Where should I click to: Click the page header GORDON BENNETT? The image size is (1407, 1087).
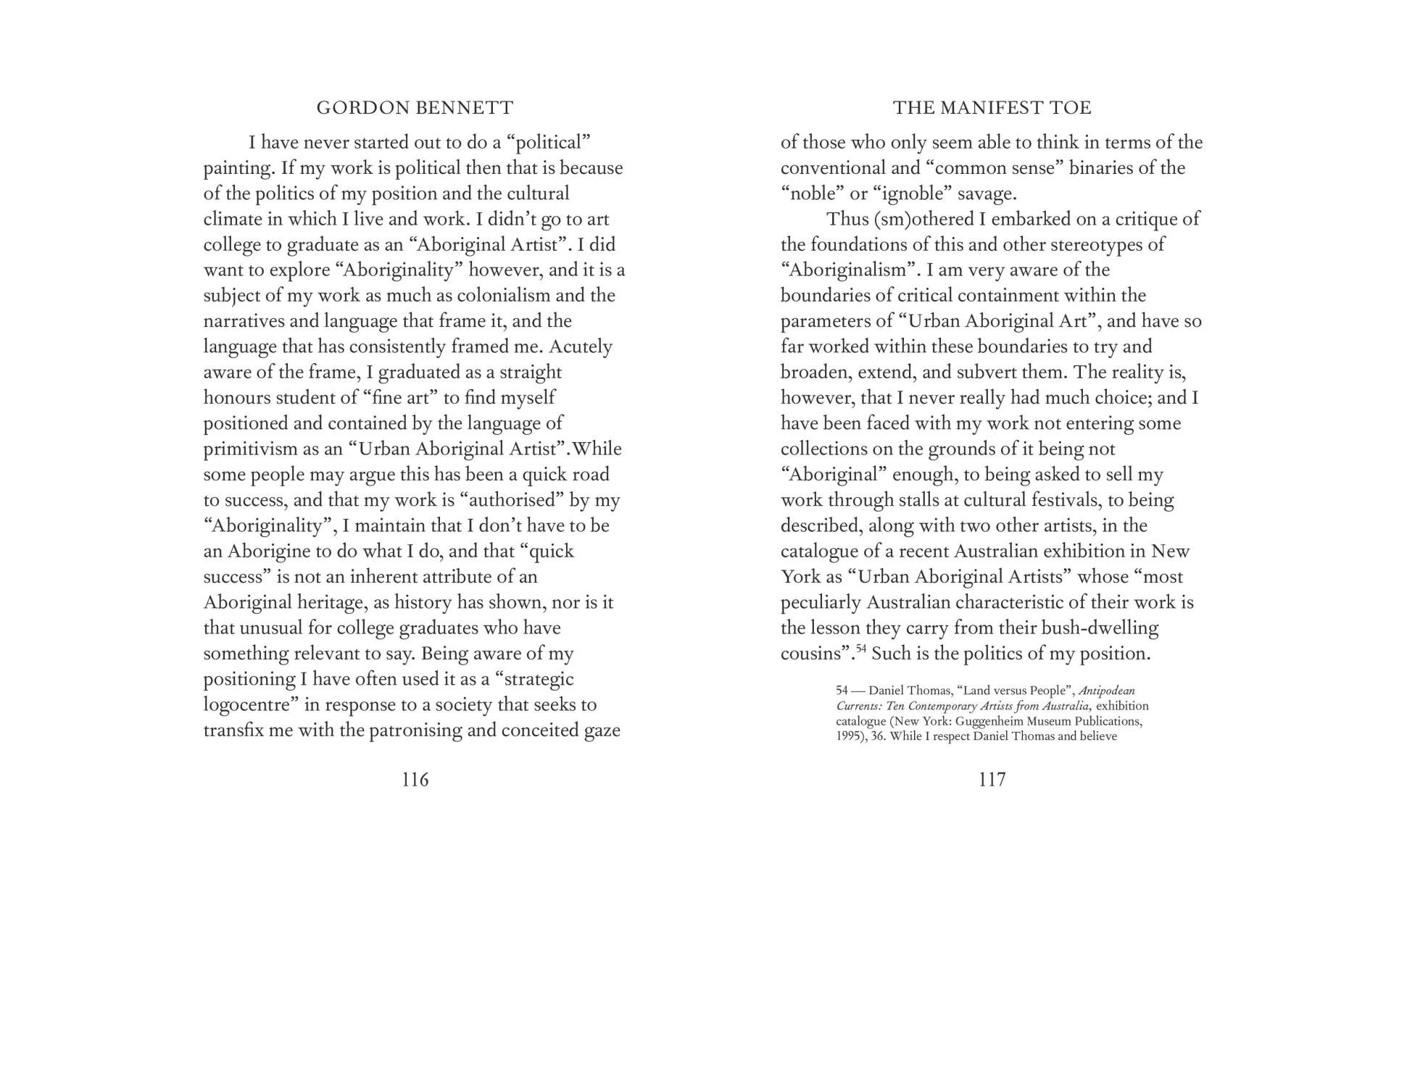click(x=415, y=108)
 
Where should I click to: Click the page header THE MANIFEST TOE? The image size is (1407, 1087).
click(x=992, y=108)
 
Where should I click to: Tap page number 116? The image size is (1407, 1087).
click(x=415, y=780)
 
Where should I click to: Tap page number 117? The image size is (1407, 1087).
click(x=992, y=780)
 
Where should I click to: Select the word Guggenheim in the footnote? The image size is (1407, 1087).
click(x=984, y=721)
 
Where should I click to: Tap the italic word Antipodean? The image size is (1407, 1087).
click(x=1107, y=691)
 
